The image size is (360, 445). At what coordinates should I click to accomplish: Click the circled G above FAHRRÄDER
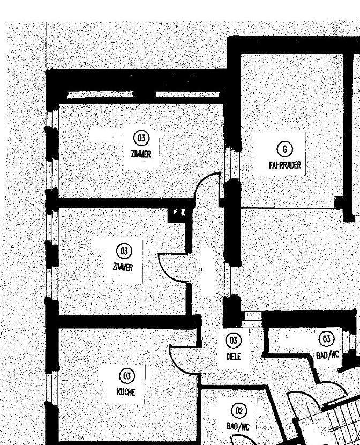coord(285,149)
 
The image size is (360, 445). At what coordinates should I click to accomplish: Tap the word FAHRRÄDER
coord(285,165)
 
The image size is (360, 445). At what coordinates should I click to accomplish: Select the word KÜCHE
coord(126,391)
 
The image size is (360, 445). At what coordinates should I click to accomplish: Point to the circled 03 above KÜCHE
coord(127,375)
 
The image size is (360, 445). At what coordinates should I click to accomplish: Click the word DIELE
coord(234,356)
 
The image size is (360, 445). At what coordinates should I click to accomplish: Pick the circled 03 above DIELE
coord(234,341)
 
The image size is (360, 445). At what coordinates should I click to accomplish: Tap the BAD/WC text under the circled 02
coord(238,427)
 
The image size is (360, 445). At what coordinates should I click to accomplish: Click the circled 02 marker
coord(239,411)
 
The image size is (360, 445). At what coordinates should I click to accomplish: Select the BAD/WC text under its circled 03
coord(327,355)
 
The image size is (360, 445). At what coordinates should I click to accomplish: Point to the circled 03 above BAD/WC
coord(326,339)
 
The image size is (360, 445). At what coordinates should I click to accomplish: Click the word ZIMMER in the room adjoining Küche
coord(123,267)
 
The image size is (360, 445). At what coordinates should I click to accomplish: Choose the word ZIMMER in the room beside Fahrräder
coord(141,154)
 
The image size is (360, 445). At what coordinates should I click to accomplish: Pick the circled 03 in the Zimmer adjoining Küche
coord(124,251)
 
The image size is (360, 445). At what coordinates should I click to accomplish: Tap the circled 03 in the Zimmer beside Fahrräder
coord(141,138)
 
